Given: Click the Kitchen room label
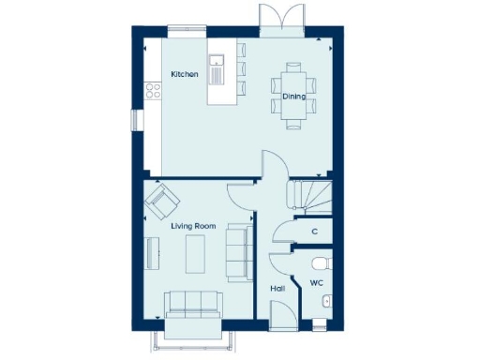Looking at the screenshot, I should point(184,74).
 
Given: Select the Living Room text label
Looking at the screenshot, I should point(193,226).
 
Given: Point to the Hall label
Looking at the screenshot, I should point(277,290).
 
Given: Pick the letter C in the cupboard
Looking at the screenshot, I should point(314,232).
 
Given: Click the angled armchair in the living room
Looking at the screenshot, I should point(162,200).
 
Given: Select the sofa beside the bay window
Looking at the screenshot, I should point(193,304).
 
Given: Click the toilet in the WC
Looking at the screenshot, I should point(322,262).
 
